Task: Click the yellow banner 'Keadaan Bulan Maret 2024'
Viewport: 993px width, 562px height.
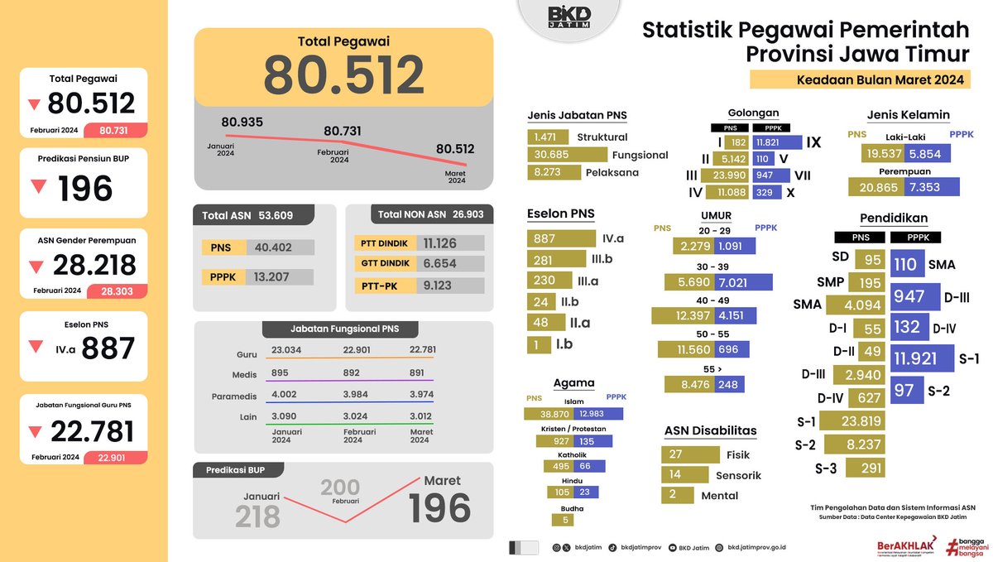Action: click(860, 80)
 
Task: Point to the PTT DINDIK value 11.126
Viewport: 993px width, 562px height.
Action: click(451, 243)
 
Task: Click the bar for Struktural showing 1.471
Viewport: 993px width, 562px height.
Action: click(547, 137)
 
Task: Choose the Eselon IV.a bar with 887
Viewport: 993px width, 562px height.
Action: click(560, 238)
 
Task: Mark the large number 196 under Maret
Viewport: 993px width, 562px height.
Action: click(439, 508)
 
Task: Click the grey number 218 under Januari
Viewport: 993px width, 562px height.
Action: click(257, 516)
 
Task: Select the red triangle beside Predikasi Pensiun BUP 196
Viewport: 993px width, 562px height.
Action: click(38, 187)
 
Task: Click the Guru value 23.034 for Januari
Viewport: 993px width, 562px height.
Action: click(285, 349)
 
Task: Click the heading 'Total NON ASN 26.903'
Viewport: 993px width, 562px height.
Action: click(420, 214)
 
